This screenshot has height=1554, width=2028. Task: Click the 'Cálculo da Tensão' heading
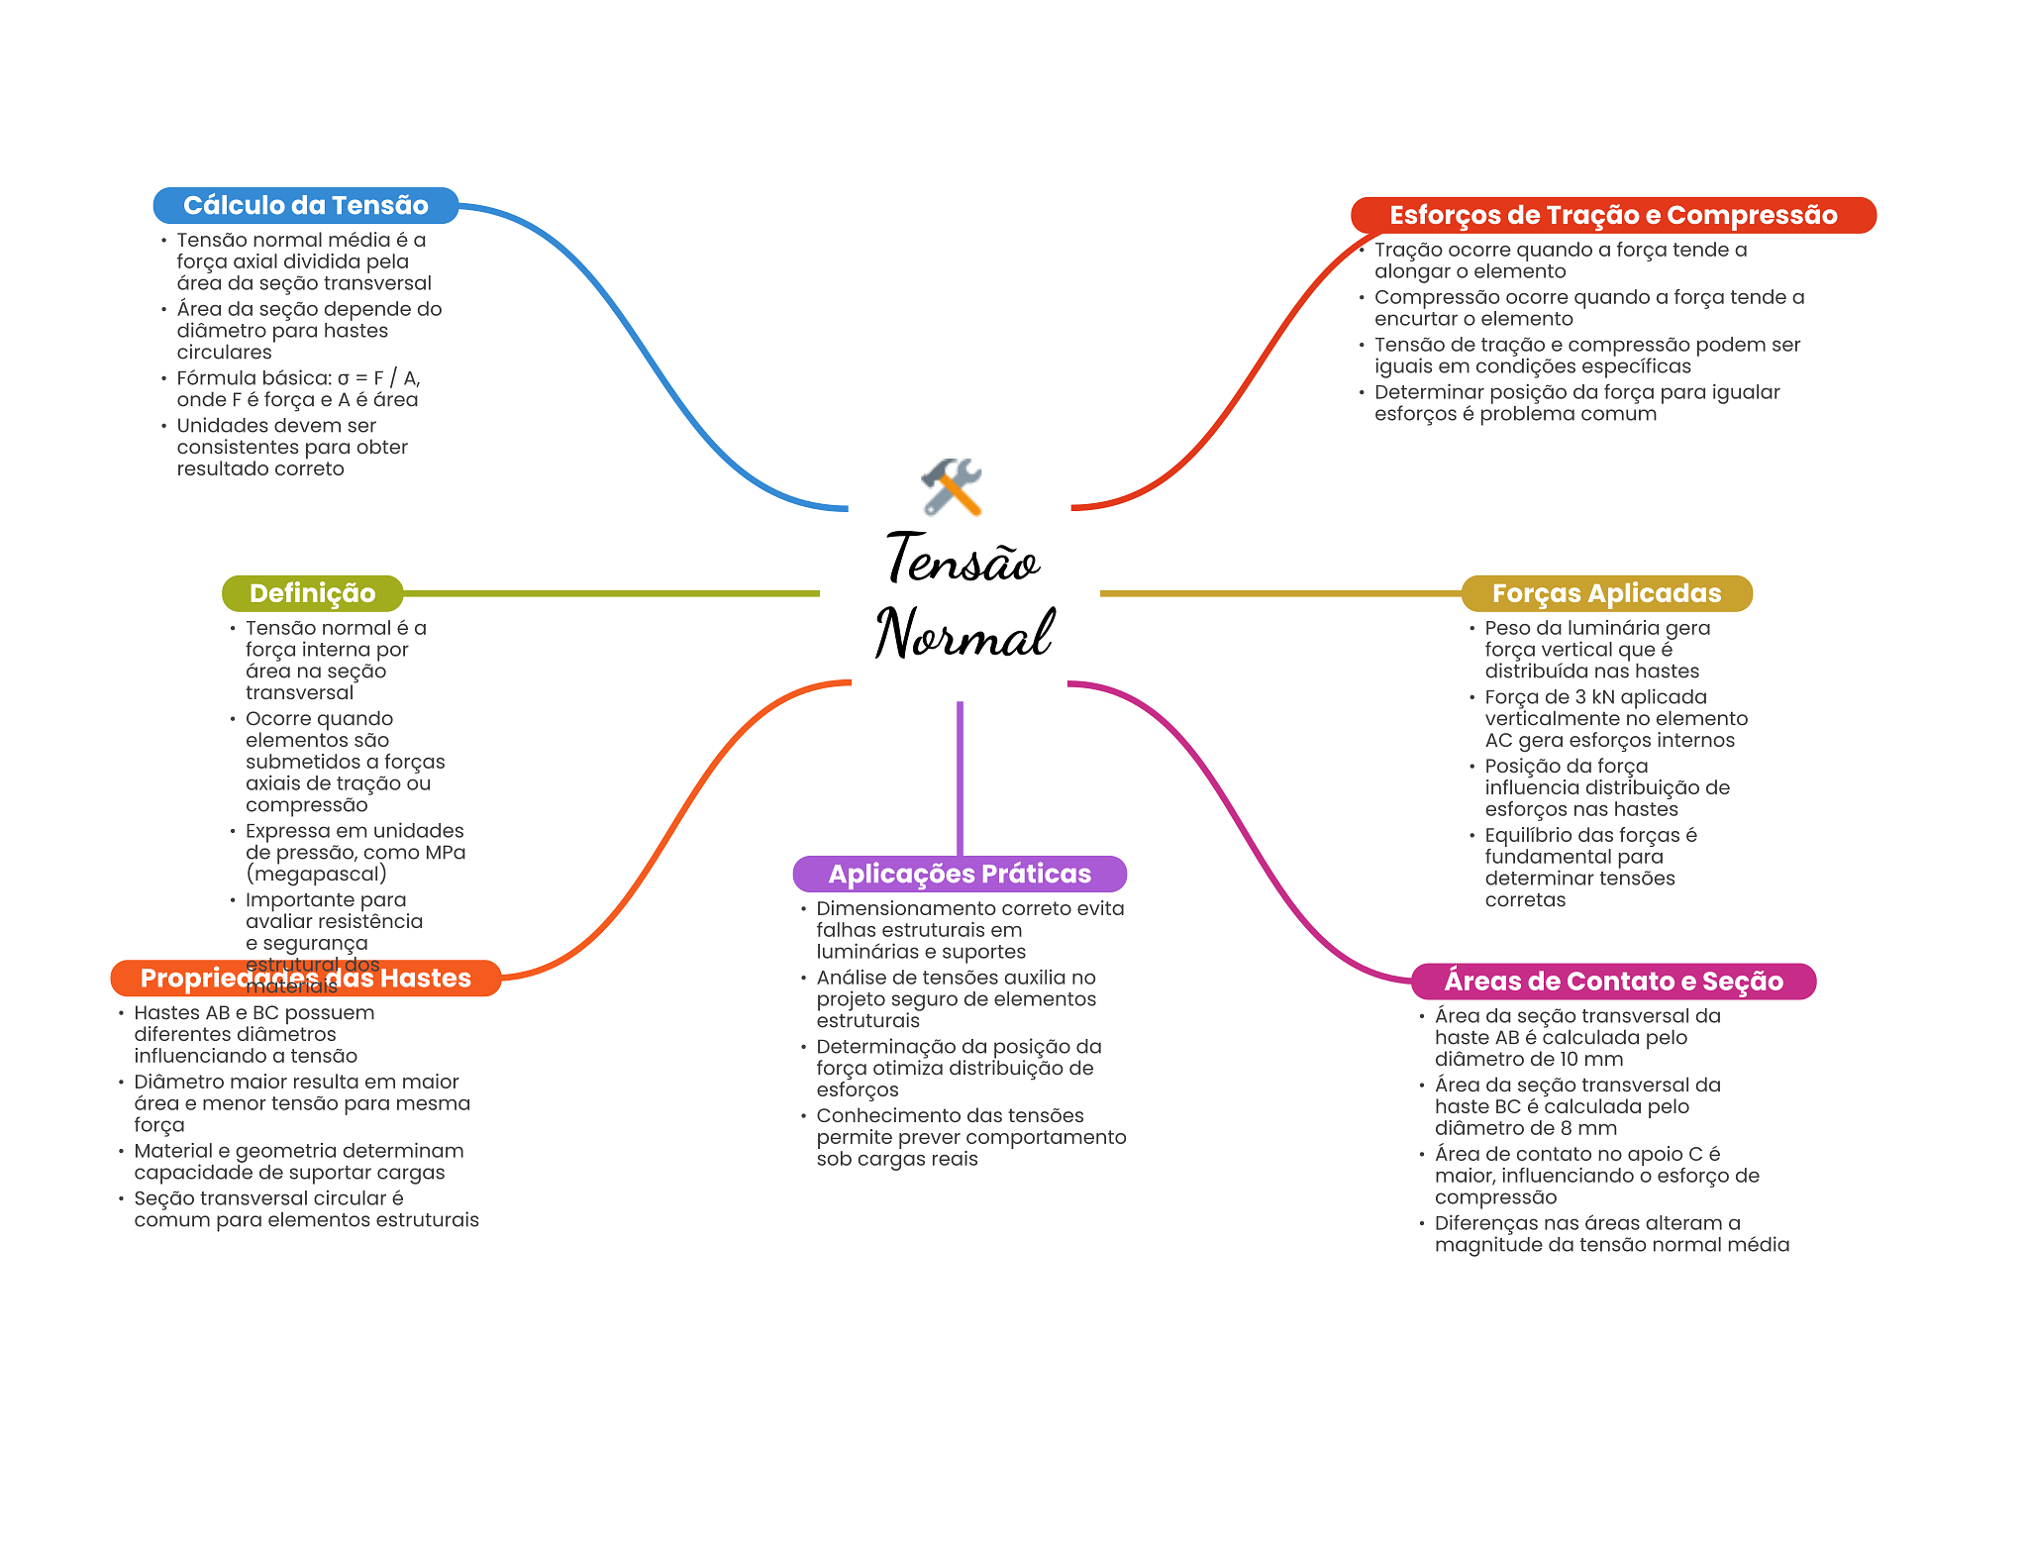[305, 205]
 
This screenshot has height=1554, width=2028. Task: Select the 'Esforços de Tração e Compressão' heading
[1612, 215]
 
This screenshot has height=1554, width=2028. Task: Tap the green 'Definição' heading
[312, 593]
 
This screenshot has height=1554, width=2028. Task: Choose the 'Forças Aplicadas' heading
[1605, 593]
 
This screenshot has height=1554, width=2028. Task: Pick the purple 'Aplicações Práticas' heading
[959, 874]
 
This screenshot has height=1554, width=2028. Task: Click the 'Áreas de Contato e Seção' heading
[1612, 981]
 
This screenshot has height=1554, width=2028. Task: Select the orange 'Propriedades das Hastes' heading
[305, 978]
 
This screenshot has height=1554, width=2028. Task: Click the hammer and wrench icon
[952, 486]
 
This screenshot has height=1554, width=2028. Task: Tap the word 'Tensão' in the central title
[962, 560]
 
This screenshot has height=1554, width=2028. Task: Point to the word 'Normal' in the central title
[963, 633]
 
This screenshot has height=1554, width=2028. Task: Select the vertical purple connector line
[960, 777]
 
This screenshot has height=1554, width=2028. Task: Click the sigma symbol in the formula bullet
[344, 378]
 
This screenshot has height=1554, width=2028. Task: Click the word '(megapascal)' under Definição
[316, 874]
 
